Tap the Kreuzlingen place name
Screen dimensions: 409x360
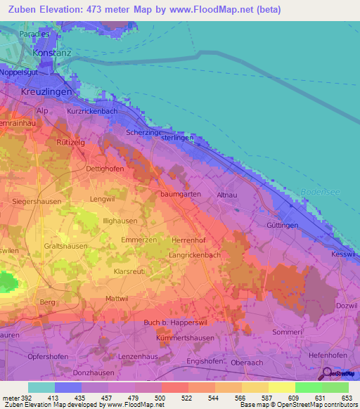[x=48, y=92]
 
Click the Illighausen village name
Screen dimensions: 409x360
[x=120, y=220]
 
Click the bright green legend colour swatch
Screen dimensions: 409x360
[x=309, y=387]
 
